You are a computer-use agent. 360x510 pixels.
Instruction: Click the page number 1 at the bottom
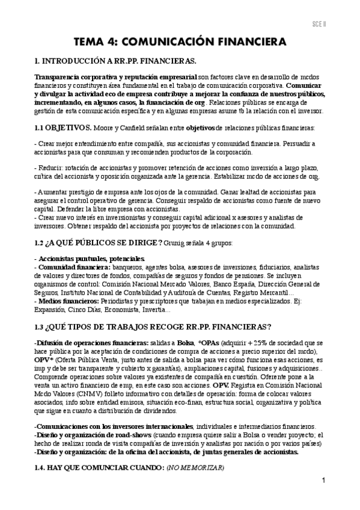pos(324,481)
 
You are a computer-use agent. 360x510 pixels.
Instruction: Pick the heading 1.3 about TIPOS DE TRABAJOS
pos(153,327)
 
